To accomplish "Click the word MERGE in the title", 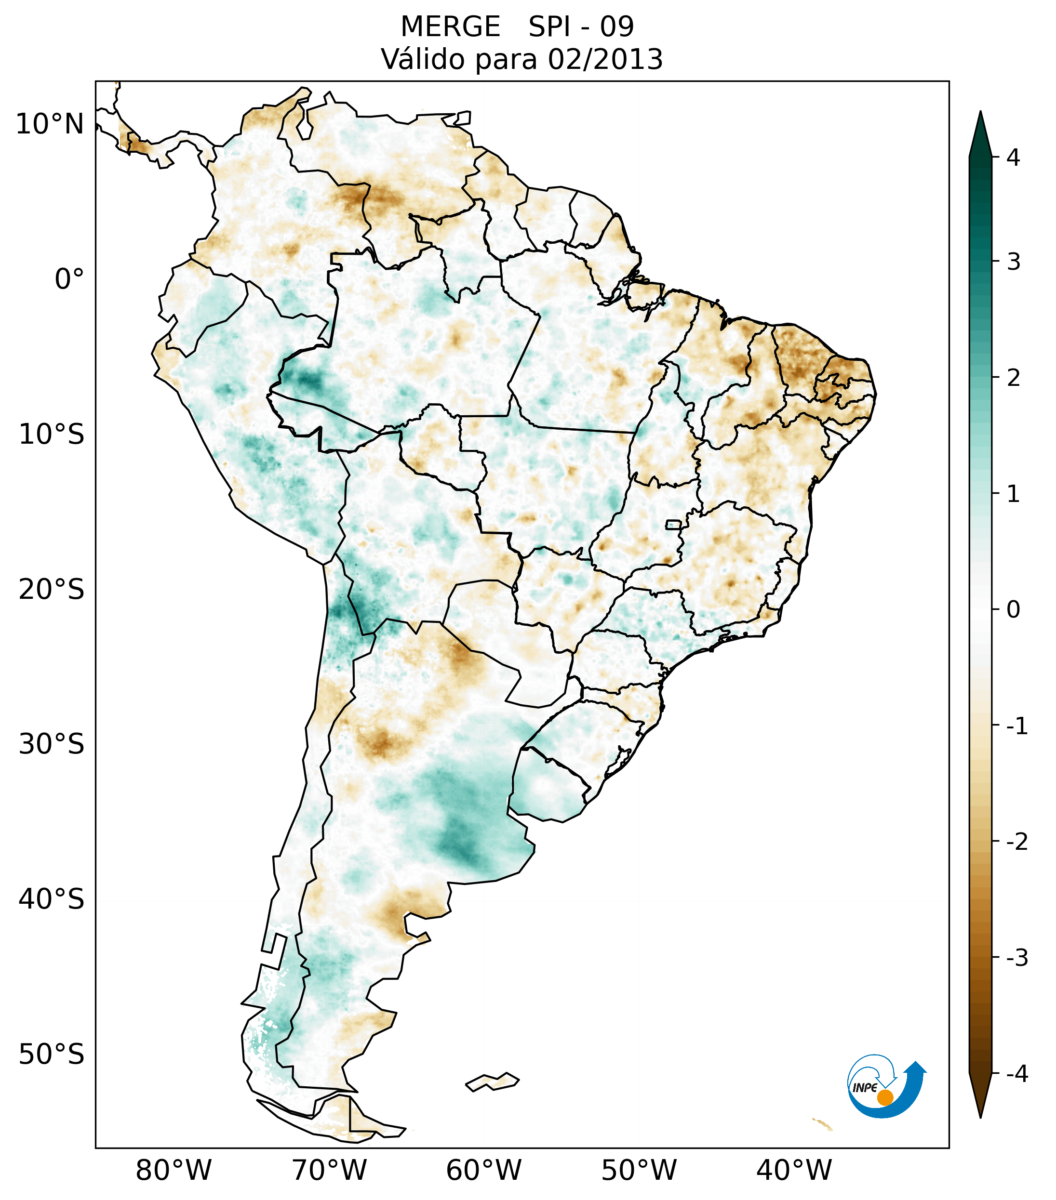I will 451,27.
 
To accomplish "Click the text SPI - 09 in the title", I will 581,27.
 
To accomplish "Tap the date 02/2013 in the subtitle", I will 605,60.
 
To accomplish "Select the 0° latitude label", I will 69,279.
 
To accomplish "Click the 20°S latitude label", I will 52,590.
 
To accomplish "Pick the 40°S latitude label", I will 52,899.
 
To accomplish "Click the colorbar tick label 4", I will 1013,158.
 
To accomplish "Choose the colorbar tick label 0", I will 1013,610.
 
